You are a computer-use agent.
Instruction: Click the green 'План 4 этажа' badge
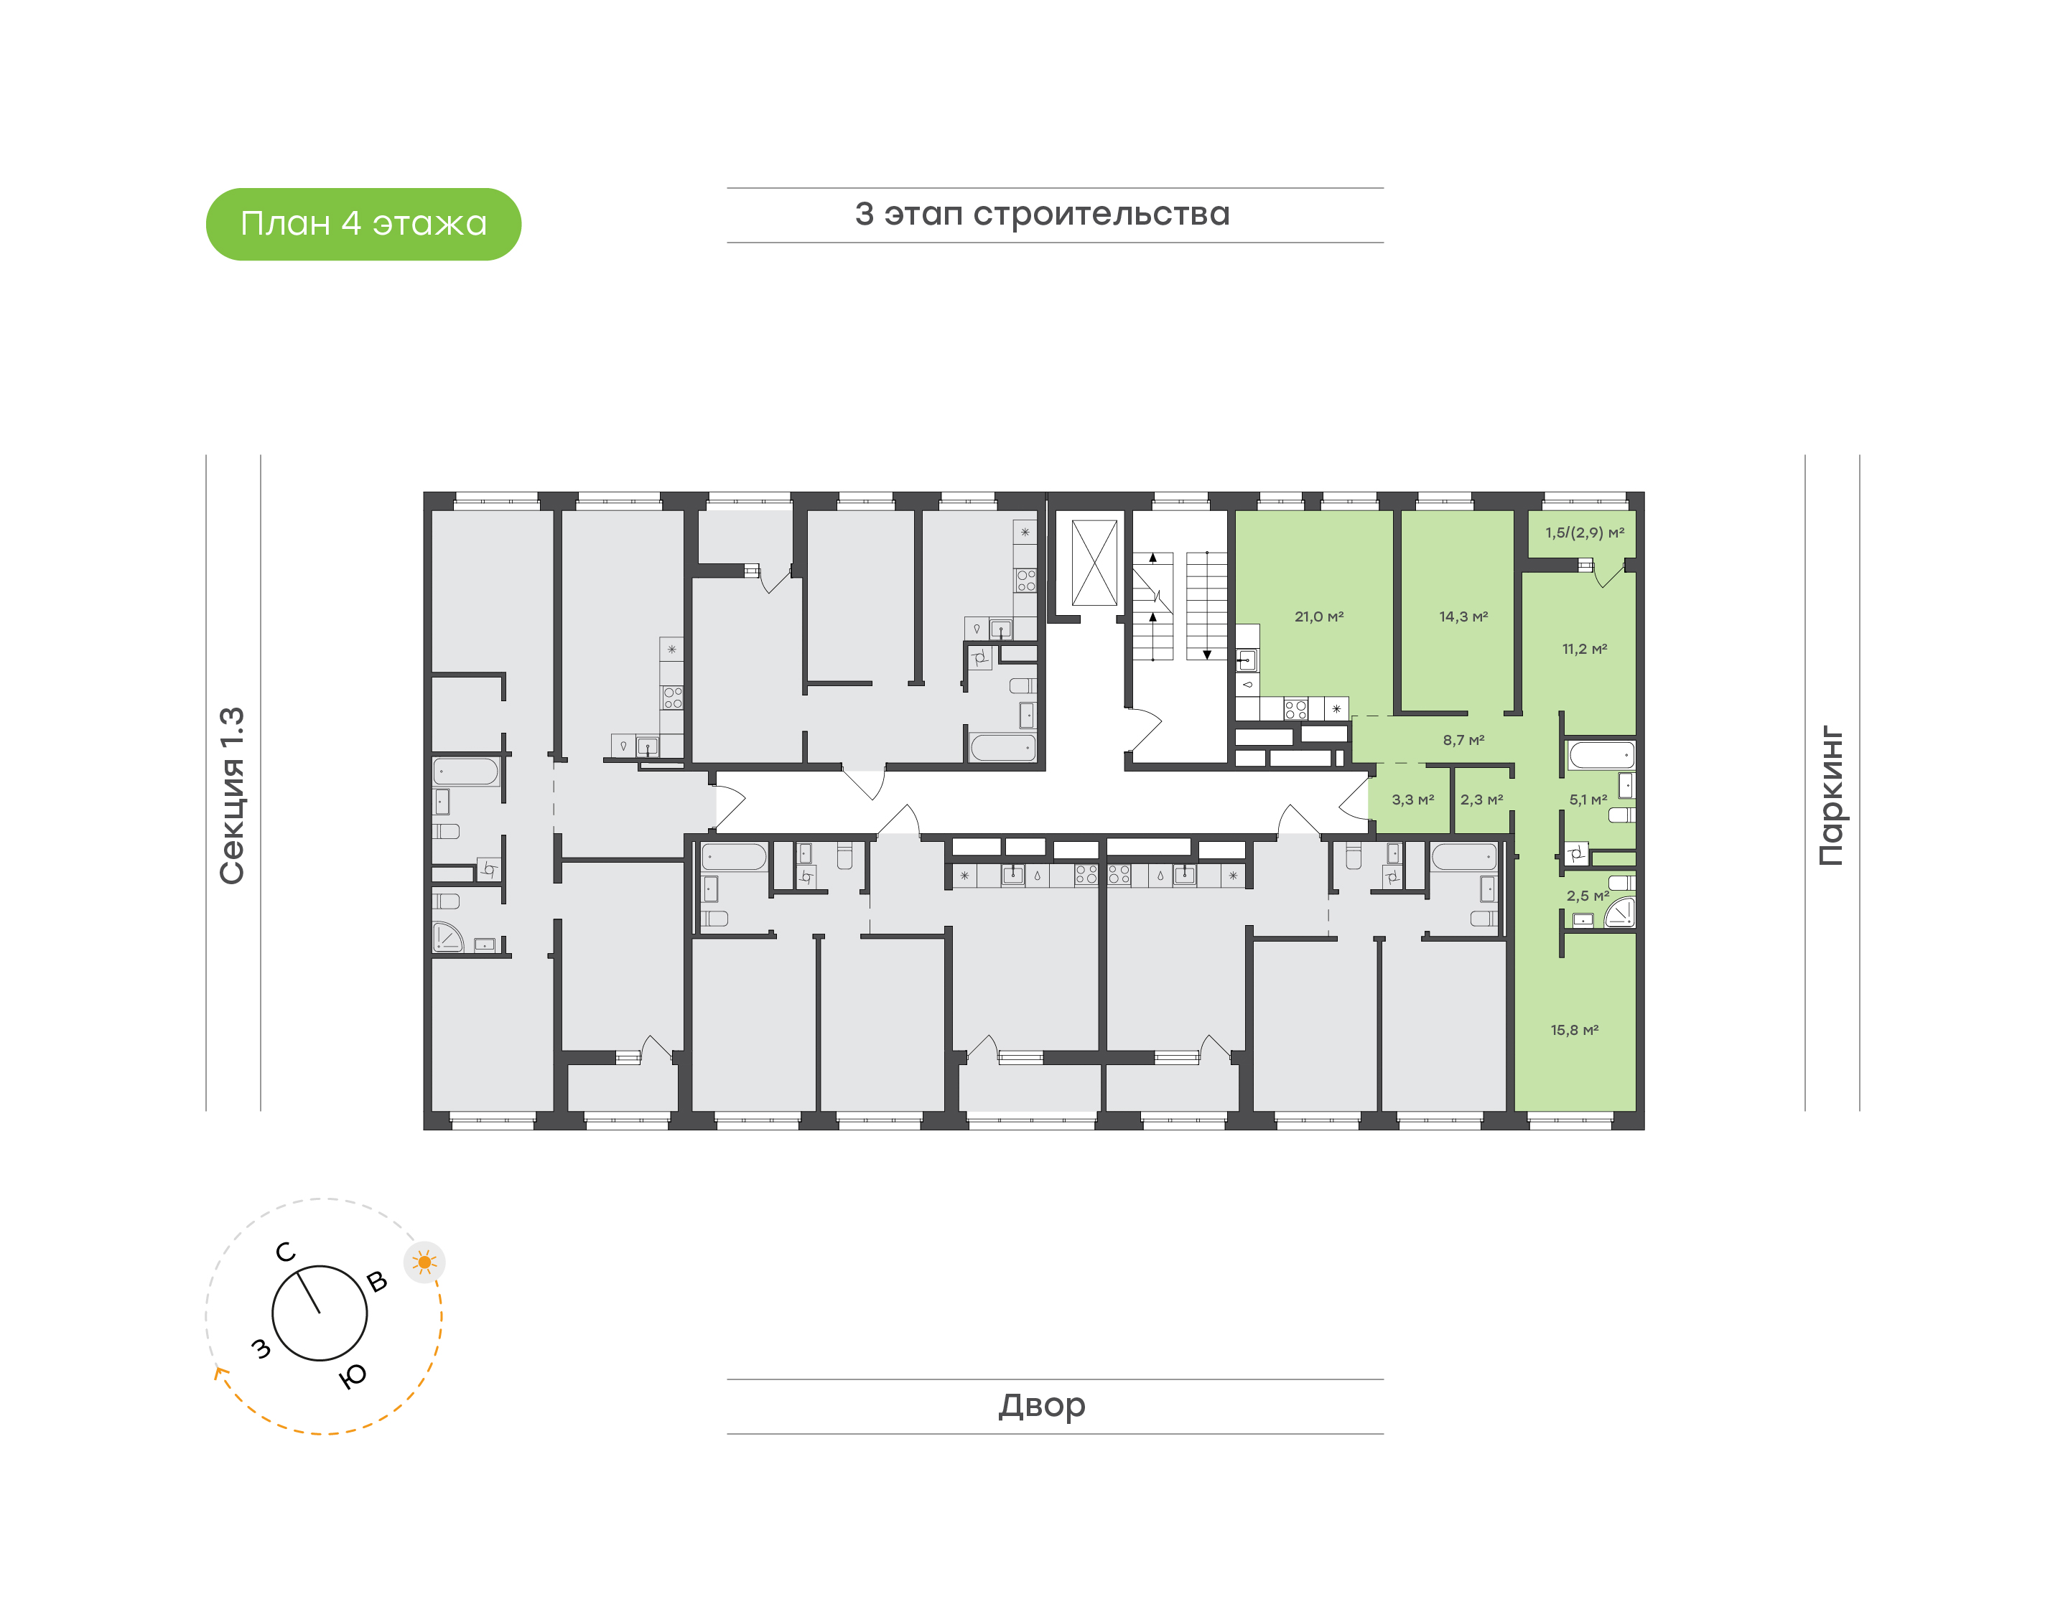coord(363,224)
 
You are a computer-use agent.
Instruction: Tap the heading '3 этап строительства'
coord(1042,215)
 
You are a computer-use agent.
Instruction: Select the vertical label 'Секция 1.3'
coord(233,796)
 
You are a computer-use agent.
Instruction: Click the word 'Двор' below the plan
coord(1042,1405)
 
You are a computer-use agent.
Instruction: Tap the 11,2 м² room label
coord(1585,649)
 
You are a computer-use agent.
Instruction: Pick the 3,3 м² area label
coord(1412,800)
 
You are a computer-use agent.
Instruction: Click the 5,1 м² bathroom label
coord(1588,800)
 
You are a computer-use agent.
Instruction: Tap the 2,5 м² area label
coord(1588,896)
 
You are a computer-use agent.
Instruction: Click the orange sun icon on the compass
coord(424,1262)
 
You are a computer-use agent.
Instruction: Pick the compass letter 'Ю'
coord(353,1376)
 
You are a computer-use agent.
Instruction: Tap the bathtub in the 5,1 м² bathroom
coord(1601,756)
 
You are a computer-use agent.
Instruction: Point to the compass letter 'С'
coord(285,1252)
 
